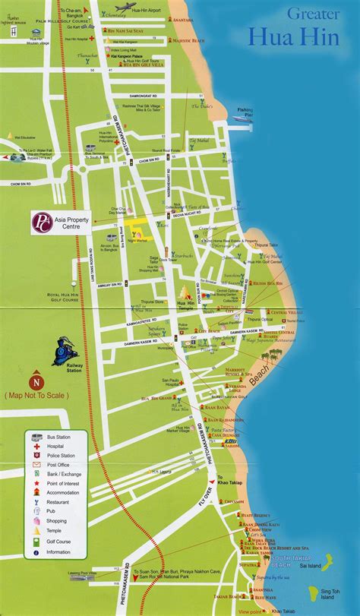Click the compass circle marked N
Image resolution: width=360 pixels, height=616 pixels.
click(35, 382)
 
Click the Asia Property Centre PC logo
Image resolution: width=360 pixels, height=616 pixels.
click(40, 223)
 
